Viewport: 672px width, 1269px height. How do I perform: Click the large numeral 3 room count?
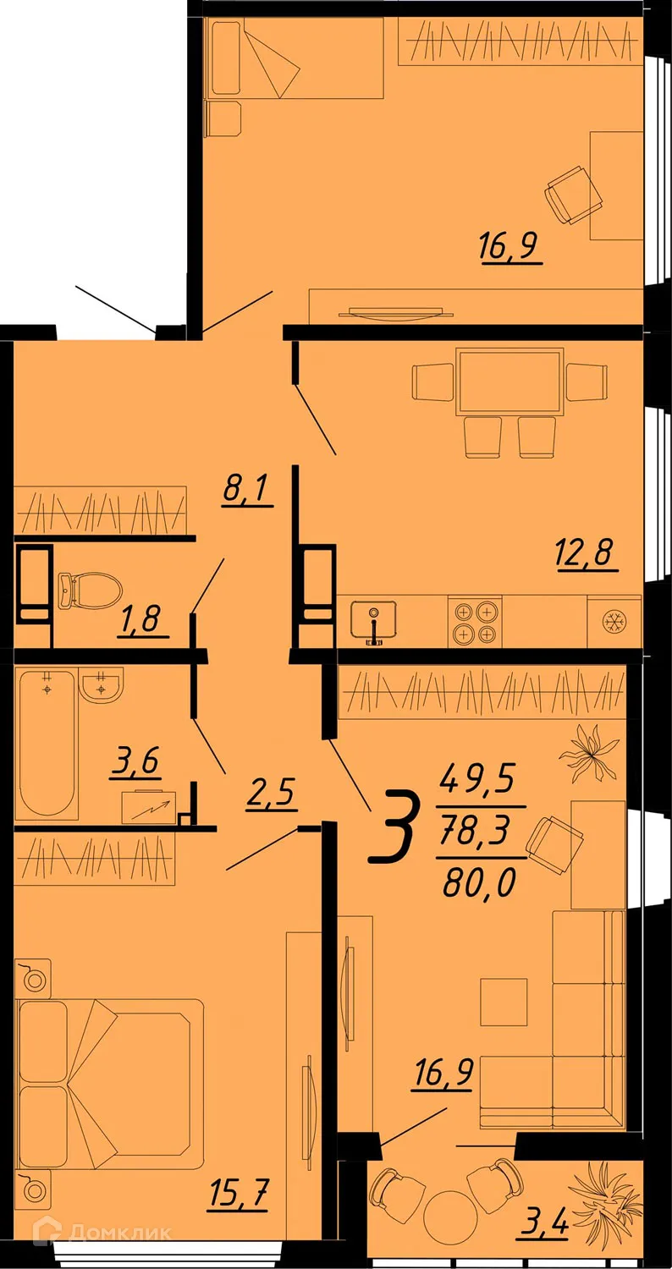click(395, 828)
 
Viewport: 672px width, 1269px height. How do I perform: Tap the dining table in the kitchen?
click(510, 381)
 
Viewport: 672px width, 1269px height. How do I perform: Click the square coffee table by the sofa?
click(504, 1002)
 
